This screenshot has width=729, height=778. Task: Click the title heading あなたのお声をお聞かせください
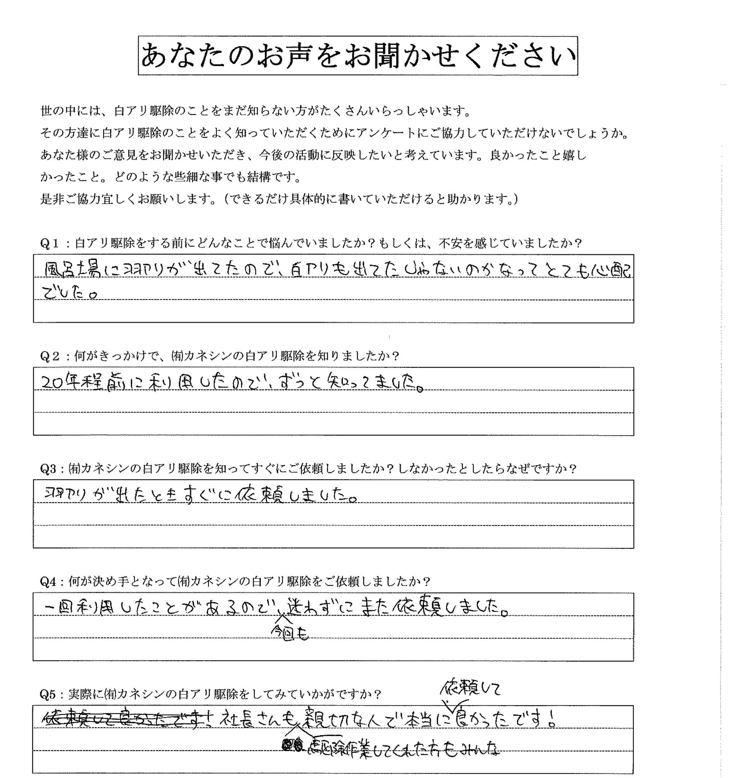point(357,56)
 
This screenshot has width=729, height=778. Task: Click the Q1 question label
point(50,244)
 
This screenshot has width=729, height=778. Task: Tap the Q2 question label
point(50,356)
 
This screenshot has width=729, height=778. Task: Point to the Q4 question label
point(49,582)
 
